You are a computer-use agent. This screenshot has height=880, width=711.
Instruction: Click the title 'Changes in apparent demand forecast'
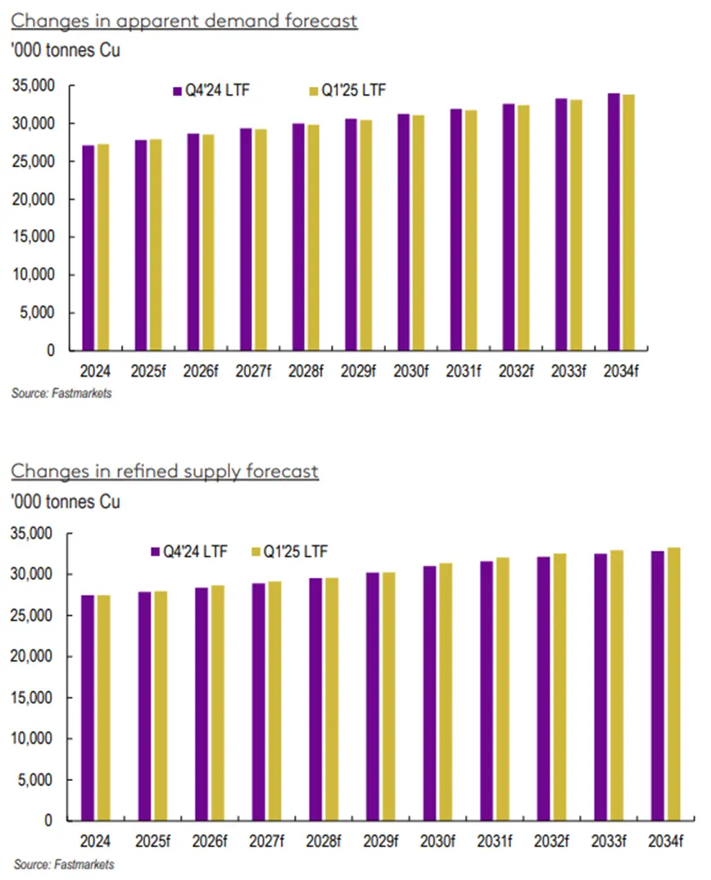pyautogui.click(x=184, y=20)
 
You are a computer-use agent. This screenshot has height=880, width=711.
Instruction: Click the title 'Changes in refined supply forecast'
pyautogui.click(x=165, y=472)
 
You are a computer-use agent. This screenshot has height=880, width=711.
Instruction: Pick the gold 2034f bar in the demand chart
pyautogui.click(x=628, y=223)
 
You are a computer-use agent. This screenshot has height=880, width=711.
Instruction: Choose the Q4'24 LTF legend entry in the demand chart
pyautogui.click(x=211, y=90)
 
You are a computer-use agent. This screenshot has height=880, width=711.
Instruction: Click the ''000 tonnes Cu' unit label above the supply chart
pyautogui.click(x=66, y=501)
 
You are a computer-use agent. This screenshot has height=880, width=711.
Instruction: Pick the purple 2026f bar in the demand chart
pyautogui.click(x=193, y=242)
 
